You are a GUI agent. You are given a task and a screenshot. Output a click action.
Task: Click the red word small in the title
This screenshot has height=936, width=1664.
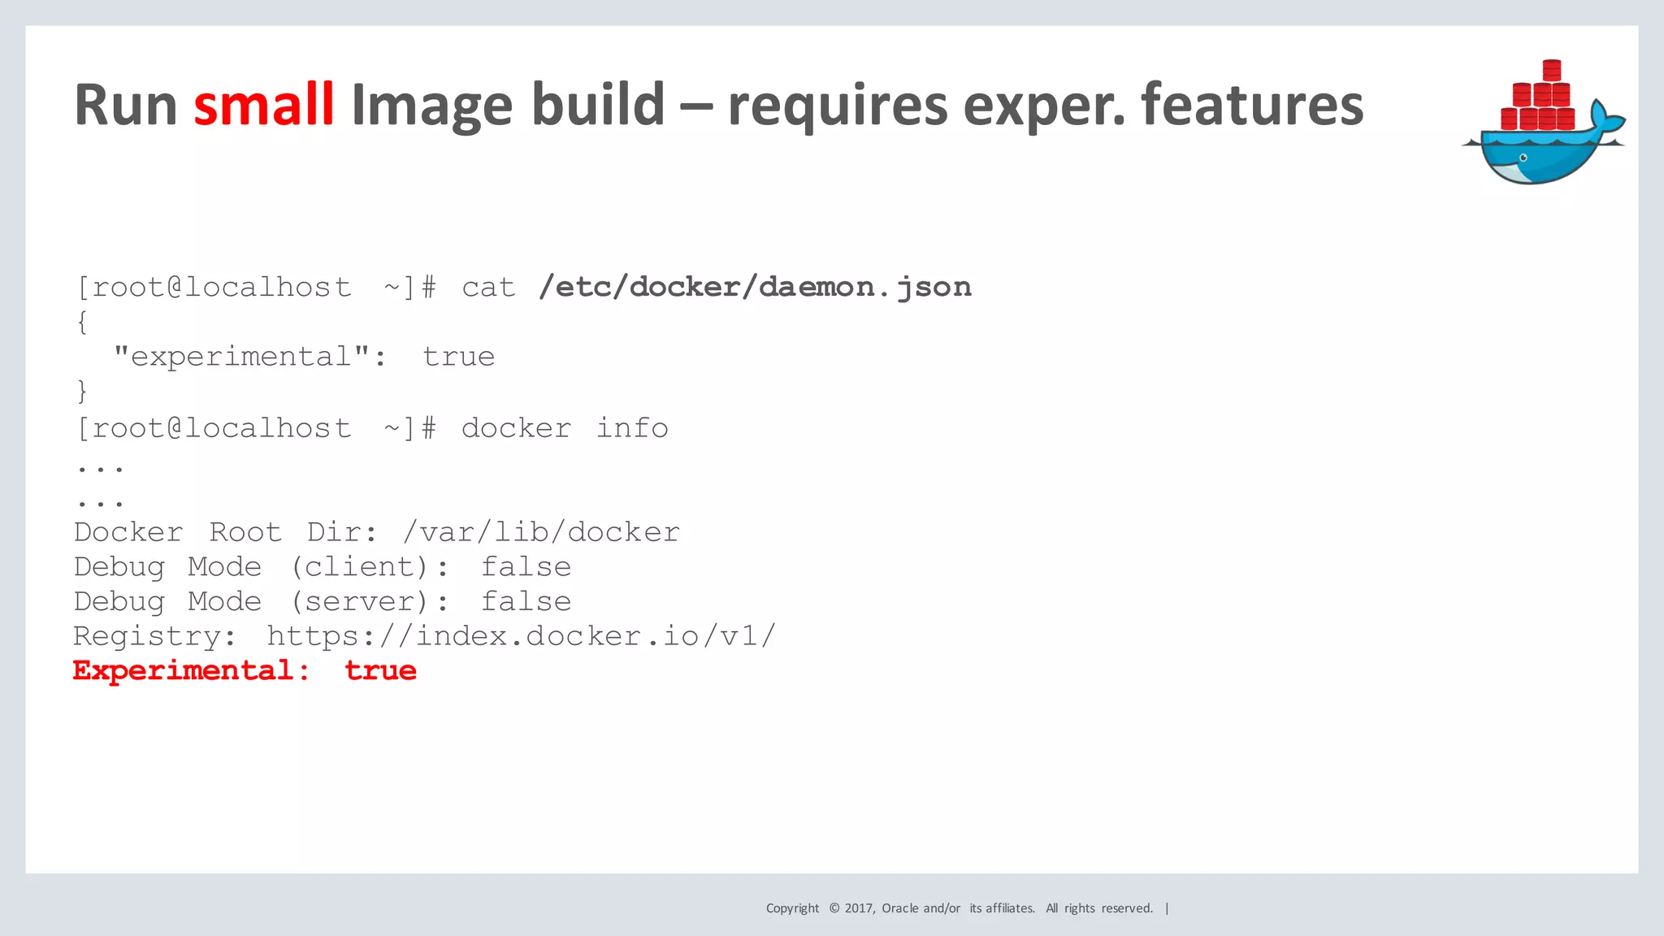[x=264, y=105]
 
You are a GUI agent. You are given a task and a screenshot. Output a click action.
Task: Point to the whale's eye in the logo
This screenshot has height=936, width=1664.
[x=1523, y=158]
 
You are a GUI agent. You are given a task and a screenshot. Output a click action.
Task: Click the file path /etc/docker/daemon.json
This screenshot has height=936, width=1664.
[x=755, y=287]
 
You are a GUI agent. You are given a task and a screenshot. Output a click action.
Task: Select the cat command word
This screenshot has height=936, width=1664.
[x=488, y=288]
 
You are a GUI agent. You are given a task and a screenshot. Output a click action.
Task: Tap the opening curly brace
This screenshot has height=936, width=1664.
[x=82, y=323]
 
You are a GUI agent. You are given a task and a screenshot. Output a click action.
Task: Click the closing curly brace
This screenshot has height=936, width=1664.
[x=82, y=392]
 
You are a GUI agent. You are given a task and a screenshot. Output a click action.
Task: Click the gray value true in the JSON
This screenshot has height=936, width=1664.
[x=459, y=357]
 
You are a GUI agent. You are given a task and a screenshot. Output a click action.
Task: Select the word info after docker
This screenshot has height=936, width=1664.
[x=632, y=428]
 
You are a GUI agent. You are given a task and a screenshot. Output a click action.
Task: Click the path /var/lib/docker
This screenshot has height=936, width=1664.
[x=541, y=532]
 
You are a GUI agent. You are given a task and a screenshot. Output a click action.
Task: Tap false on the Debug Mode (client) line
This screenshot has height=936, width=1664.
[x=526, y=567]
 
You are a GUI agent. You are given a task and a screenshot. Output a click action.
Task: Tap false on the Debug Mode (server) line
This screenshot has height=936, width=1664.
[x=526, y=602]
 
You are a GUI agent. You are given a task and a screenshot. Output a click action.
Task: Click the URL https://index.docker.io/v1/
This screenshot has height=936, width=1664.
[x=522, y=636]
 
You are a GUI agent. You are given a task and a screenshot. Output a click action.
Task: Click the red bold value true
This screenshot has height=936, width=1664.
[x=381, y=671]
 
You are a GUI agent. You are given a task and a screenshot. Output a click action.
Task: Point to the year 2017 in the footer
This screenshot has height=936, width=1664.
[x=860, y=908]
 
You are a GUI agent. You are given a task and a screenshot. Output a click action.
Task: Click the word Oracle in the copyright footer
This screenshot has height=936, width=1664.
[x=900, y=908]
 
